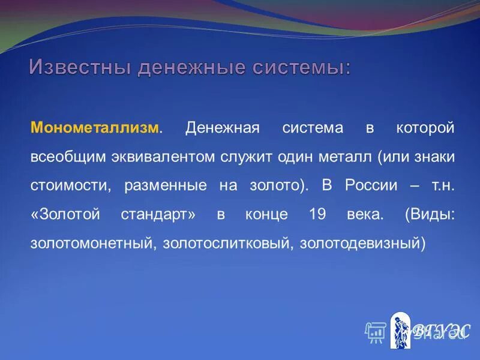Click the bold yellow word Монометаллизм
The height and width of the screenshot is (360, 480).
coord(95,128)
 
